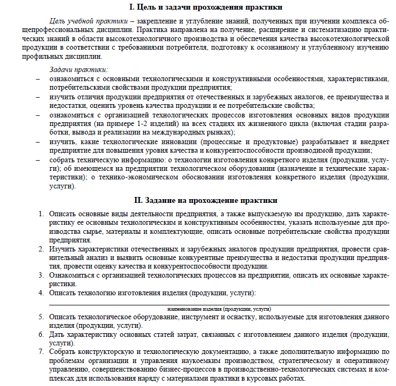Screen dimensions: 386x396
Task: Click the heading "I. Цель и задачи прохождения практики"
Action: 206,7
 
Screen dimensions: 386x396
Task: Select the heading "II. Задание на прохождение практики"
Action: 206,200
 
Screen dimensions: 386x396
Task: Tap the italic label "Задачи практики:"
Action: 79,69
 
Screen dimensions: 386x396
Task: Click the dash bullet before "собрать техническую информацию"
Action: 37,160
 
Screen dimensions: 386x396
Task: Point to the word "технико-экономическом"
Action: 137,178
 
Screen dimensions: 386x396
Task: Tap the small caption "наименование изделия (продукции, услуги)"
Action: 219,309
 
